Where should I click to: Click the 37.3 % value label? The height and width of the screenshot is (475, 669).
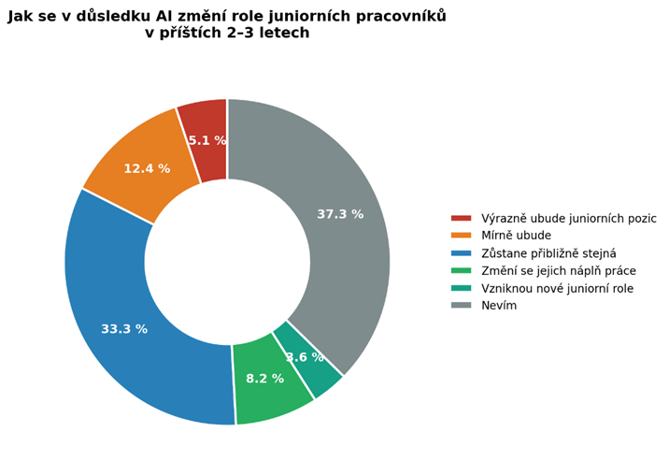(340, 214)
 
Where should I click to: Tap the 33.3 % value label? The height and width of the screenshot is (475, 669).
(124, 329)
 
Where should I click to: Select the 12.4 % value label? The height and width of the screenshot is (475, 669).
(147, 169)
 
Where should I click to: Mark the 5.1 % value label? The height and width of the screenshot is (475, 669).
(206, 141)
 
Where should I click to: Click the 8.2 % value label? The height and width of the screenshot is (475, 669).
(264, 379)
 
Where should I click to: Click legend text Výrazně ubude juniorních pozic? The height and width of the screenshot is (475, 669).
(567, 219)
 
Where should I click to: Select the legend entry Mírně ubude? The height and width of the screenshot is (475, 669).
(516, 236)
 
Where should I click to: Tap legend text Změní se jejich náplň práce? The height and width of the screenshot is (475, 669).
(557, 271)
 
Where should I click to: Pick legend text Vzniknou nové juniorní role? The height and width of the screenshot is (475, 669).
(557, 289)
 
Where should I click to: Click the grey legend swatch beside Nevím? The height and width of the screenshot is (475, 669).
(461, 306)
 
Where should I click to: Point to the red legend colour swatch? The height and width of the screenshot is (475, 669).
(461, 219)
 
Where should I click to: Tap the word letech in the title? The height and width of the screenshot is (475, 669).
(283, 34)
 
